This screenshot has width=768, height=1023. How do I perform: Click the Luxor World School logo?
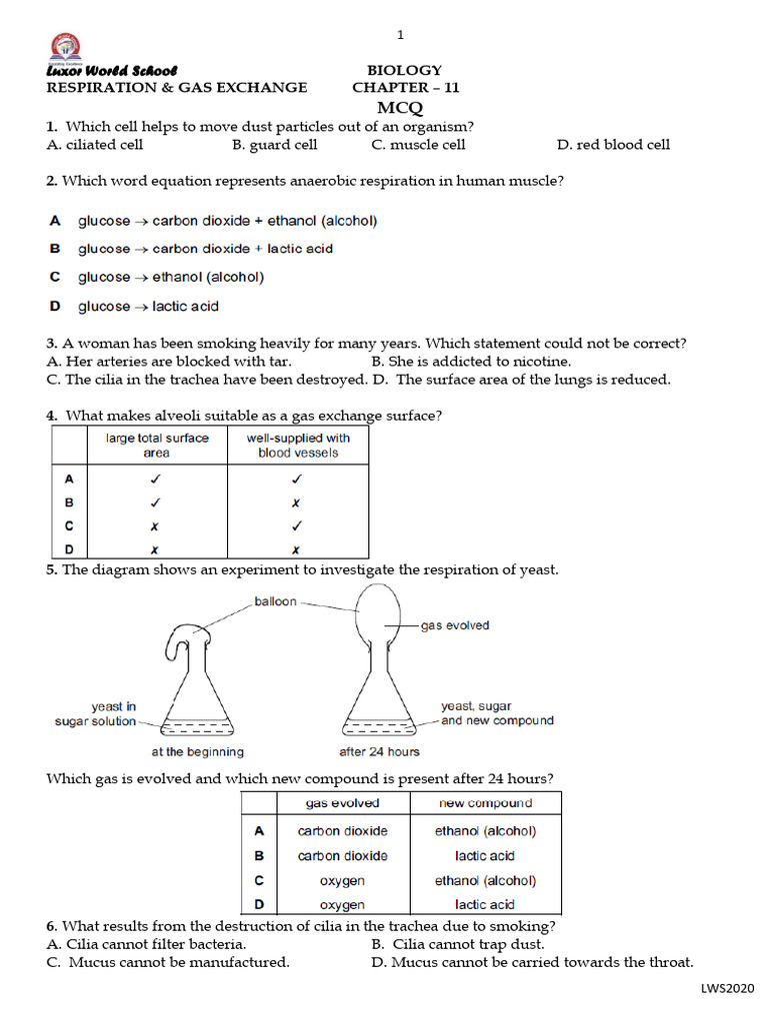[66, 47]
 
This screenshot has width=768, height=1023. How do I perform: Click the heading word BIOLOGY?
[404, 70]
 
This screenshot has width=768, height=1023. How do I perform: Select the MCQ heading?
[400, 108]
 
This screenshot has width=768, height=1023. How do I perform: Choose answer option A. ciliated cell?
[95, 145]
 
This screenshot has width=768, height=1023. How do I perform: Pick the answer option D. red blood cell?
[613, 145]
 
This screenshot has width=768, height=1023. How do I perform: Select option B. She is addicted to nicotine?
[471, 362]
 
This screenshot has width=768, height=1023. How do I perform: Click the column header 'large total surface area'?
[157, 446]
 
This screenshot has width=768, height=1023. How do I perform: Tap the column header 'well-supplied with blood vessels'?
[298, 446]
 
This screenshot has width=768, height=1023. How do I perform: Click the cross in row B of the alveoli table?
[297, 503]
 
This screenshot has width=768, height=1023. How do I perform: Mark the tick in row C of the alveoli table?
[297, 525]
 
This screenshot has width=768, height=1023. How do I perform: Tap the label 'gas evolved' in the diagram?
[455, 625]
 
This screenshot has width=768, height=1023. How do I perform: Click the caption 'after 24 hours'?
[380, 751]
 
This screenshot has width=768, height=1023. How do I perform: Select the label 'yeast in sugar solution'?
[96, 714]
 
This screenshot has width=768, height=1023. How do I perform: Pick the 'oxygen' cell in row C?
[342, 881]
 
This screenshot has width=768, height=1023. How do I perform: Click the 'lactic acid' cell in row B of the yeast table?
[485, 856]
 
